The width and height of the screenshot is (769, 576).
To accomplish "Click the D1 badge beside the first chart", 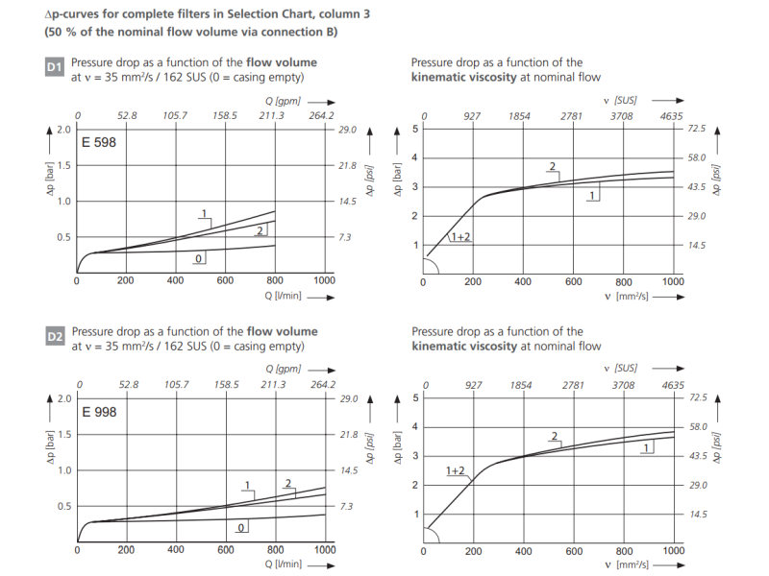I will pyautogui.click(x=55, y=68).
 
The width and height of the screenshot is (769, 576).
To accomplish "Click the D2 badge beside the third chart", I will pyautogui.click(x=55, y=337).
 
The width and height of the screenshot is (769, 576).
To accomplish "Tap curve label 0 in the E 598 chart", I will pyautogui.click(x=198, y=259).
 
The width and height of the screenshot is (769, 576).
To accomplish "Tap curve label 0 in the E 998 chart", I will pyautogui.click(x=241, y=527).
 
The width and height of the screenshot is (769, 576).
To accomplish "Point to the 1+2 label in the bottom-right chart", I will pyautogui.click(x=455, y=470).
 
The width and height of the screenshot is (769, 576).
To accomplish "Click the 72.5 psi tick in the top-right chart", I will pyautogui.click(x=696, y=129).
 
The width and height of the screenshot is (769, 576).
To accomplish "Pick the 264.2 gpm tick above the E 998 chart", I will pyautogui.click(x=323, y=385).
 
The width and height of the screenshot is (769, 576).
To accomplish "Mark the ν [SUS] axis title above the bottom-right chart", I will pyautogui.click(x=627, y=369).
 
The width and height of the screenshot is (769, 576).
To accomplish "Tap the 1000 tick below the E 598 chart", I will pyautogui.click(x=324, y=280).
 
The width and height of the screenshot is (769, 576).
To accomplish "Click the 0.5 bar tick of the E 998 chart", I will pyautogui.click(x=62, y=506).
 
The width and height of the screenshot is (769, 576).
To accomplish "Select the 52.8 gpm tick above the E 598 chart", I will pyautogui.click(x=127, y=116).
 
